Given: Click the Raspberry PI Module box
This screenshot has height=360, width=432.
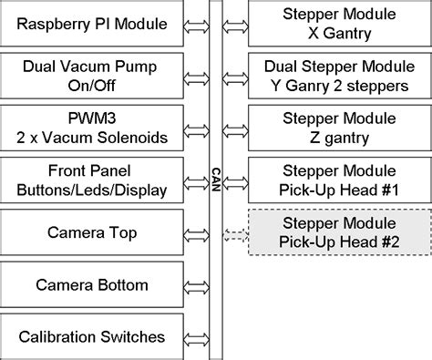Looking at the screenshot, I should pyautogui.click(x=92, y=24).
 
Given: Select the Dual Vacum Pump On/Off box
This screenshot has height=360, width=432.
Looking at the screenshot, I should pyautogui.click(x=92, y=76).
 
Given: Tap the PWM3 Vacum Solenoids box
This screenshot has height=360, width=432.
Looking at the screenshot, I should pyautogui.click(x=92, y=129).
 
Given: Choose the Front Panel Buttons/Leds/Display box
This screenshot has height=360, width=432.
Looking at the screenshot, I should pyautogui.click(x=92, y=180).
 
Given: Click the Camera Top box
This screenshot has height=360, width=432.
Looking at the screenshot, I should pyautogui.click(x=92, y=233).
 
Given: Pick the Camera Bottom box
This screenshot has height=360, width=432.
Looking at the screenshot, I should pyautogui.click(x=92, y=285).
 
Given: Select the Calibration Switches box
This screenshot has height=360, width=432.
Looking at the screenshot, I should pyautogui.click(x=92, y=336).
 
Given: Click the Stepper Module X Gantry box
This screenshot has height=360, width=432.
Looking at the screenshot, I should pyautogui.click(x=339, y=24).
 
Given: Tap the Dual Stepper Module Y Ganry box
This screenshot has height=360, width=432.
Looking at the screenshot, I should pyautogui.click(x=339, y=76).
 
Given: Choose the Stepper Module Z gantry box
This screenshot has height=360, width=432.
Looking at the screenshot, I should pyautogui.click(x=339, y=129).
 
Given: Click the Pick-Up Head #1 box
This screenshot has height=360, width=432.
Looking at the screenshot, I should pyautogui.click(x=339, y=180).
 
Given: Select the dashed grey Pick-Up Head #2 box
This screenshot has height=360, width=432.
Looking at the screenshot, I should pyautogui.click(x=339, y=233).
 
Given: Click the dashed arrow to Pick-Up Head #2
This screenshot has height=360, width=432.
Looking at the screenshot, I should pyautogui.click(x=235, y=233).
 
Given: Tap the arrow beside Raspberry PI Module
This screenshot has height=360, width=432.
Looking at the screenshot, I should pyautogui.click(x=196, y=24).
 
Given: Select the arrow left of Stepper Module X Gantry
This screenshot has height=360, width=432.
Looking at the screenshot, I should pyautogui.click(x=235, y=24).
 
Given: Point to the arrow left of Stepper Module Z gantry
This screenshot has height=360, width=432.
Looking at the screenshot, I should pyautogui.click(x=235, y=129).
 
